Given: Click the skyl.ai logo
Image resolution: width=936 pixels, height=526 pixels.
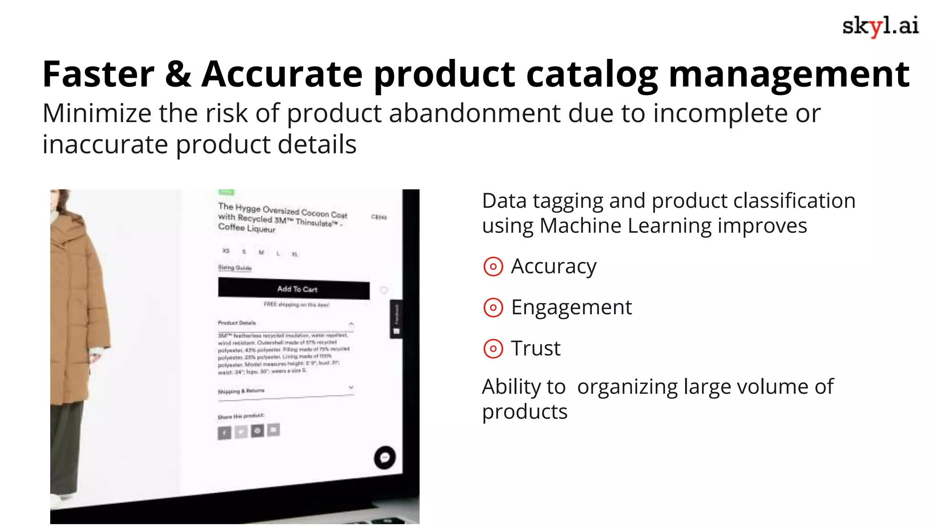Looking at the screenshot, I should click(880, 26).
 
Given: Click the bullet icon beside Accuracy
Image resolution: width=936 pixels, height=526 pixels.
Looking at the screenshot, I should click(493, 267).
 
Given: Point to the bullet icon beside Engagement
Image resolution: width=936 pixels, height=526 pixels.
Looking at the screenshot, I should click(493, 308).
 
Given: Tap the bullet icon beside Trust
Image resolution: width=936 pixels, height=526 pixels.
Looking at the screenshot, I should click(493, 349).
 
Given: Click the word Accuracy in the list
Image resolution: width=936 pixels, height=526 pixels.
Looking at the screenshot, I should click(553, 267).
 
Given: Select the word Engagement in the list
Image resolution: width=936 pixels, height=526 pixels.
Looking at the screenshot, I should click(571, 307).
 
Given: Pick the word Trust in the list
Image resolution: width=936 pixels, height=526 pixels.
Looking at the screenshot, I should click(536, 348).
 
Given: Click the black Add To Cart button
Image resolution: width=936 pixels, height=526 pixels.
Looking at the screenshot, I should click(294, 289).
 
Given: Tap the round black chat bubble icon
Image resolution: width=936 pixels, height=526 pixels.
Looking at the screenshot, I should click(384, 457).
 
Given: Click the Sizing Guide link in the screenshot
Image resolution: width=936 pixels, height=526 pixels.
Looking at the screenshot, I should click(234, 268).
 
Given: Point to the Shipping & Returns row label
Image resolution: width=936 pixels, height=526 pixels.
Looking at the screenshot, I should click(241, 391).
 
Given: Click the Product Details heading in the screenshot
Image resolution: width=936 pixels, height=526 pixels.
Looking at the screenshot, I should click(237, 323).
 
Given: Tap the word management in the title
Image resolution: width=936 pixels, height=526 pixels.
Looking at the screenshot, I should click(789, 75).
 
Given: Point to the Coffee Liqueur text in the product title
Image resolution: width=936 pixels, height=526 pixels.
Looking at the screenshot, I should click(247, 227).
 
